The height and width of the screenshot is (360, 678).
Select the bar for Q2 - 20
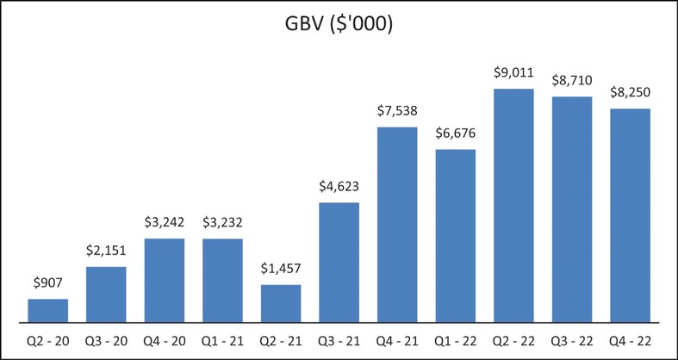tap(48, 311)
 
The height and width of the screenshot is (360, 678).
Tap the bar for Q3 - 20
tap(107, 295)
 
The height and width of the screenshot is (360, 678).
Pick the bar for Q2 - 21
tap(281, 303)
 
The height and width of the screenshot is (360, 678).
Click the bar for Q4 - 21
tap(397, 225)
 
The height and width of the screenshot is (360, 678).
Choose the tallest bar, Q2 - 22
tap(514, 205)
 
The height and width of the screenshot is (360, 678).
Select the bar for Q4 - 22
tap(631, 215)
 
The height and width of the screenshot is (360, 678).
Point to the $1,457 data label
tap(281, 267)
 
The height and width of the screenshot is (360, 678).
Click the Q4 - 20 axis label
tap(165, 340)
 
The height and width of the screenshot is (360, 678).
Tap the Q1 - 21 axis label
tap(222, 340)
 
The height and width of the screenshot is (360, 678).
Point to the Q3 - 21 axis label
tap(339, 340)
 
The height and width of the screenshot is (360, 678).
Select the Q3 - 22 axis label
tap(572, 340)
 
